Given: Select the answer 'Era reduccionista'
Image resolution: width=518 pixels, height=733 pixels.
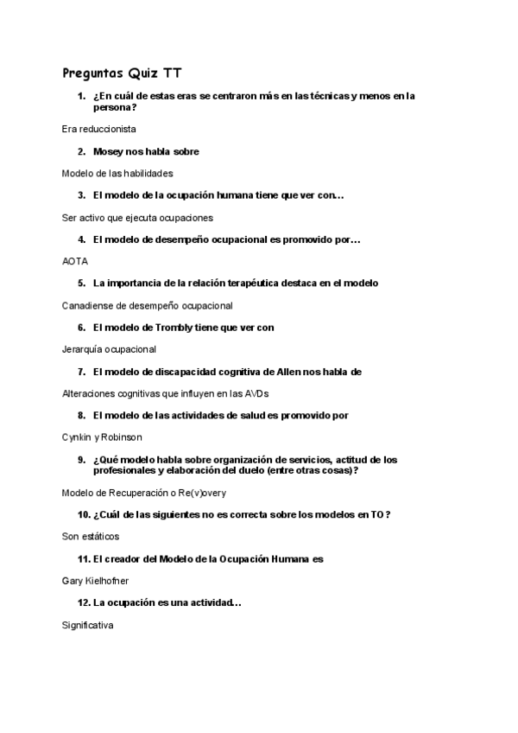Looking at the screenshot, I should pyautogui.click(x=99, y=129).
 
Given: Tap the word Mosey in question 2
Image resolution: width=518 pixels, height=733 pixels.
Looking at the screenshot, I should pyautogui.click(x=109, y=151).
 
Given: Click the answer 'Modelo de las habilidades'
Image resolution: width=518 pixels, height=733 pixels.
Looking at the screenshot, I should pyautogui.click(x=117, y=173).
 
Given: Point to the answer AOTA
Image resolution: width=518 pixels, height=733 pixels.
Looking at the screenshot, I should pyautogui.click(x=75, y=260).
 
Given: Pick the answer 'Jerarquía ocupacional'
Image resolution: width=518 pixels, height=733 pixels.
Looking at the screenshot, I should pyautogui.click(x=109, y=349).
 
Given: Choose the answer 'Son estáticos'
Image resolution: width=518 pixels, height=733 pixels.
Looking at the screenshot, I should pyautogui.click(x=91, y=536).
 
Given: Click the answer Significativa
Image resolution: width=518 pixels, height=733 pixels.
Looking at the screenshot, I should pyautogui.click(x=87, y=624).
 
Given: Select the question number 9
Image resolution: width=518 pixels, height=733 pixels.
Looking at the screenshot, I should pyautogui.click(x=81, y=460).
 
